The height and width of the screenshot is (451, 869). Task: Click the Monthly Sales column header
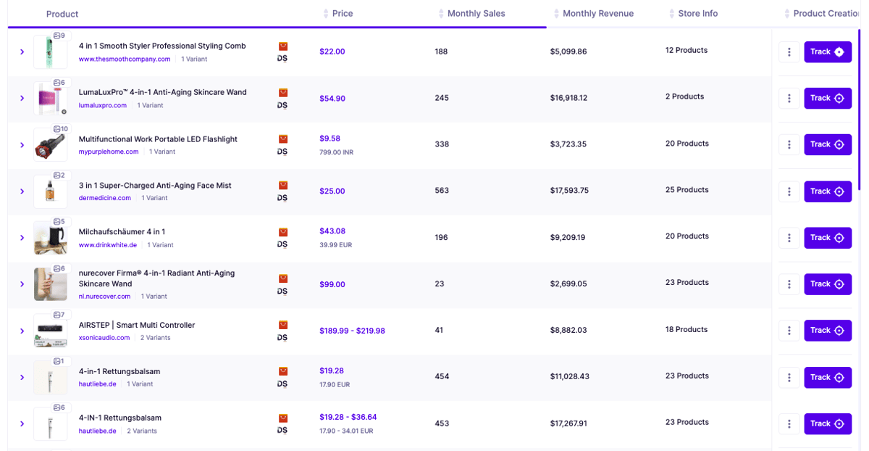[476, 14]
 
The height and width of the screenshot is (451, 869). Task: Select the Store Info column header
[697, 14]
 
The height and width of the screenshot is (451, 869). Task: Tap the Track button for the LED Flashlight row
[828, 144]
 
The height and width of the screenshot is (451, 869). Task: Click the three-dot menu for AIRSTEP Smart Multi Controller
[789, 331]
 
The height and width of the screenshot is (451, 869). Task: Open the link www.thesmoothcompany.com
[125, 59]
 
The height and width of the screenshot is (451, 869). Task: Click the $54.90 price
[332, 99]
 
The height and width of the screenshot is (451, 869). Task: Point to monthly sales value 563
[442, 191]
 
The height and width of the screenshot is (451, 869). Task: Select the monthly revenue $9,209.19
[568, 237]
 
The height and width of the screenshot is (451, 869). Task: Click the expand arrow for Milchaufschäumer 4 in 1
[22, 238]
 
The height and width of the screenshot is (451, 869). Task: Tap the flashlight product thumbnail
[50, 145]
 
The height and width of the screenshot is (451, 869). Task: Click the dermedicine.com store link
[105, 198]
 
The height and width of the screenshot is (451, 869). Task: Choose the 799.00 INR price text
[336, 152]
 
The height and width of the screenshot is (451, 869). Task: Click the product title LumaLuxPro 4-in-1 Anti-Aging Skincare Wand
[162, 92]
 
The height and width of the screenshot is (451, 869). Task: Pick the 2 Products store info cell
[685, 96]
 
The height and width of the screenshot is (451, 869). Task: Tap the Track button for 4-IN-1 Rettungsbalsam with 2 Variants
[828, 423]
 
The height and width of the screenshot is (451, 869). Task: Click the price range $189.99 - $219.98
[352, 331]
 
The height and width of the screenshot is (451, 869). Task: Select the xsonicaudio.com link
[104, 338]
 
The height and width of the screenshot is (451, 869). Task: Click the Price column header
[342, 14]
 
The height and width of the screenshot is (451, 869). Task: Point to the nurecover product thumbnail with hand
[50, 284]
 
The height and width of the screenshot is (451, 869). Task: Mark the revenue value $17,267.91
[568, 423]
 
